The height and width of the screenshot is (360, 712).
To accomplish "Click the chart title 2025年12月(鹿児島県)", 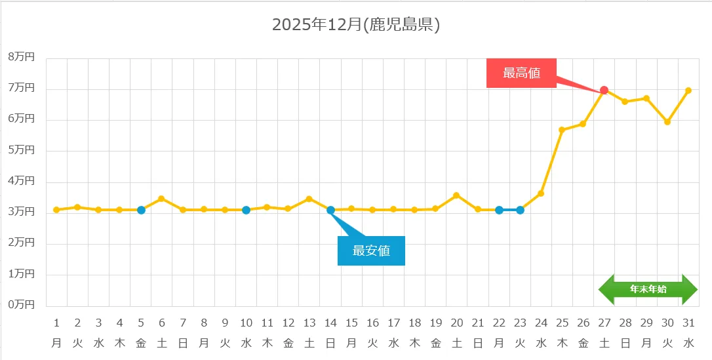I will (355, 25).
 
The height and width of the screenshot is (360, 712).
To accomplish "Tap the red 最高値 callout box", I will (521, 73).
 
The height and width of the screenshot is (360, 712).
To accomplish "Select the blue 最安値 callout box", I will (371, 250).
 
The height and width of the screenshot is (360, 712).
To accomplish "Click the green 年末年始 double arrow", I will (648, 289).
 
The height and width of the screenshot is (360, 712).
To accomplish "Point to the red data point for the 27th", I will (604, 90).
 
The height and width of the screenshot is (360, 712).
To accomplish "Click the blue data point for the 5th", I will (141, 210).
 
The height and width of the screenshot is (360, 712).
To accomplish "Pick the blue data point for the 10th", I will (246, 210).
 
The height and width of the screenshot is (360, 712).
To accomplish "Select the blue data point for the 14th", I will (330, 210).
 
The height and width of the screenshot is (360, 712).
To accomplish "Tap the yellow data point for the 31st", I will (688, 90).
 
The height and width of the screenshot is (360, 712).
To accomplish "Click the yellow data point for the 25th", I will (562, 130).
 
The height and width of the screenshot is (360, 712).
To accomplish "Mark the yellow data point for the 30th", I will (667, 122).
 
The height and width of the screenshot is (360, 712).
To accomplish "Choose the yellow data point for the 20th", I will (456, 195).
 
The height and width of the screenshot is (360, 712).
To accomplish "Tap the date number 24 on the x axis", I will (541, 323).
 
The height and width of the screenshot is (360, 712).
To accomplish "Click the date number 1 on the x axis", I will (56, 323).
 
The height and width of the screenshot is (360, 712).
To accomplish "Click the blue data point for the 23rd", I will (520, 210).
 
